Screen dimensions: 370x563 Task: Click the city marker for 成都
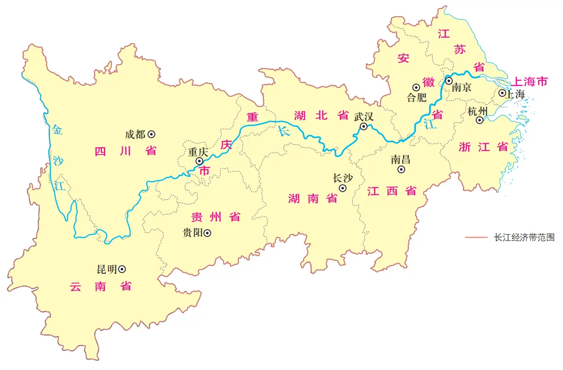tap(152, 133)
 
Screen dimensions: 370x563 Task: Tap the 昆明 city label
tap(107, 269)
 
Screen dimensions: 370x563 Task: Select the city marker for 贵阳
tap(208, 234)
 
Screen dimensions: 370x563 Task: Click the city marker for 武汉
tap(364, 127)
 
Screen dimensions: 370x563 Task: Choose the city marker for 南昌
tap(401, 169)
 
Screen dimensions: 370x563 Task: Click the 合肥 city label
tap(417, 97)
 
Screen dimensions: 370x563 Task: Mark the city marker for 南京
tap(448, 80)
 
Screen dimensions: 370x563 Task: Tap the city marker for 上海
tap(502, 93)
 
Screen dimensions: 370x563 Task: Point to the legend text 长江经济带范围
tap(524, 238)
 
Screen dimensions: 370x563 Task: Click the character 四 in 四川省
tap(101, 151)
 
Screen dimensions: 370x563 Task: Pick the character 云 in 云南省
tap(75, 286)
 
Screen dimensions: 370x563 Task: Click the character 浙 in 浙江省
tap(465, 146)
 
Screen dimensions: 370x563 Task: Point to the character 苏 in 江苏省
tap(461, 49)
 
